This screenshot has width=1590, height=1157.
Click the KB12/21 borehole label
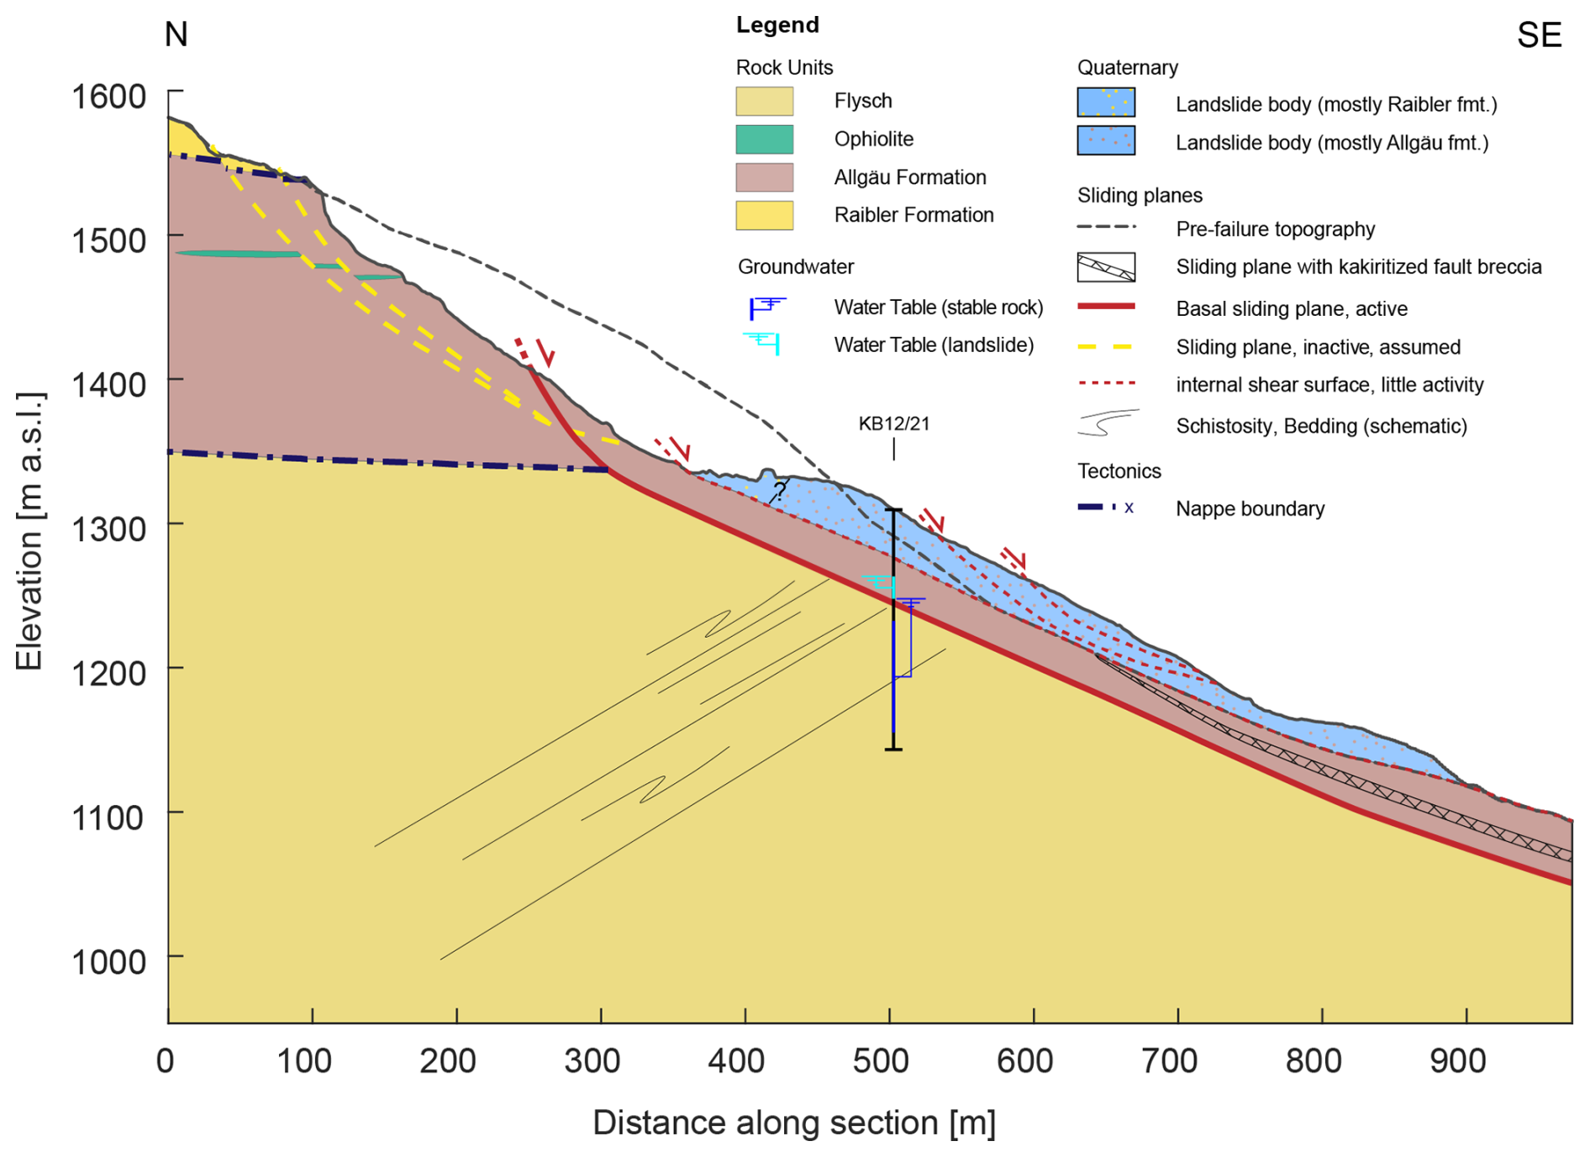(893, 423)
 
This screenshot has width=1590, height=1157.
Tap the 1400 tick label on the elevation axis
(108, 385)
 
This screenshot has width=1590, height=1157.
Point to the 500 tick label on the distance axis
(881, 1061)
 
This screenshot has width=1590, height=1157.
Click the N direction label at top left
(176, 34)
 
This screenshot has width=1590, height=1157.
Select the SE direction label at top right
(1539, 35)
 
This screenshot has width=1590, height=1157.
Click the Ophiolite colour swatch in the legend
(764, 139)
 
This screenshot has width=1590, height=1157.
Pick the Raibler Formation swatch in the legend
(764, 215)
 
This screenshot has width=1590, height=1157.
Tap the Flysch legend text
(862, 101)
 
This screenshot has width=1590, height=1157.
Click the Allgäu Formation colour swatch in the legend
(764, 177)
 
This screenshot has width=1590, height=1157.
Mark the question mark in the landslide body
(780, 491)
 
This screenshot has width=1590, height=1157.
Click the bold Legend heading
(777, 25)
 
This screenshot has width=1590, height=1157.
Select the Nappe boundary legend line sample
(1105, 508)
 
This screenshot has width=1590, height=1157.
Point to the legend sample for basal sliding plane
(1105, 308)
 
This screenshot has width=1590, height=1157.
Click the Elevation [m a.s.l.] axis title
(29, 531)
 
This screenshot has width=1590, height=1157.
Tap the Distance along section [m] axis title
(794, 1123)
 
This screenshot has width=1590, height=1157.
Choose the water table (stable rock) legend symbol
(766, 307)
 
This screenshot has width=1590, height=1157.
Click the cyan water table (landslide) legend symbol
(763, 343)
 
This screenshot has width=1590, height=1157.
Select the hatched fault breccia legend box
(1105, 267)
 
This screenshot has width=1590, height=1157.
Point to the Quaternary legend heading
(1127, 67)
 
